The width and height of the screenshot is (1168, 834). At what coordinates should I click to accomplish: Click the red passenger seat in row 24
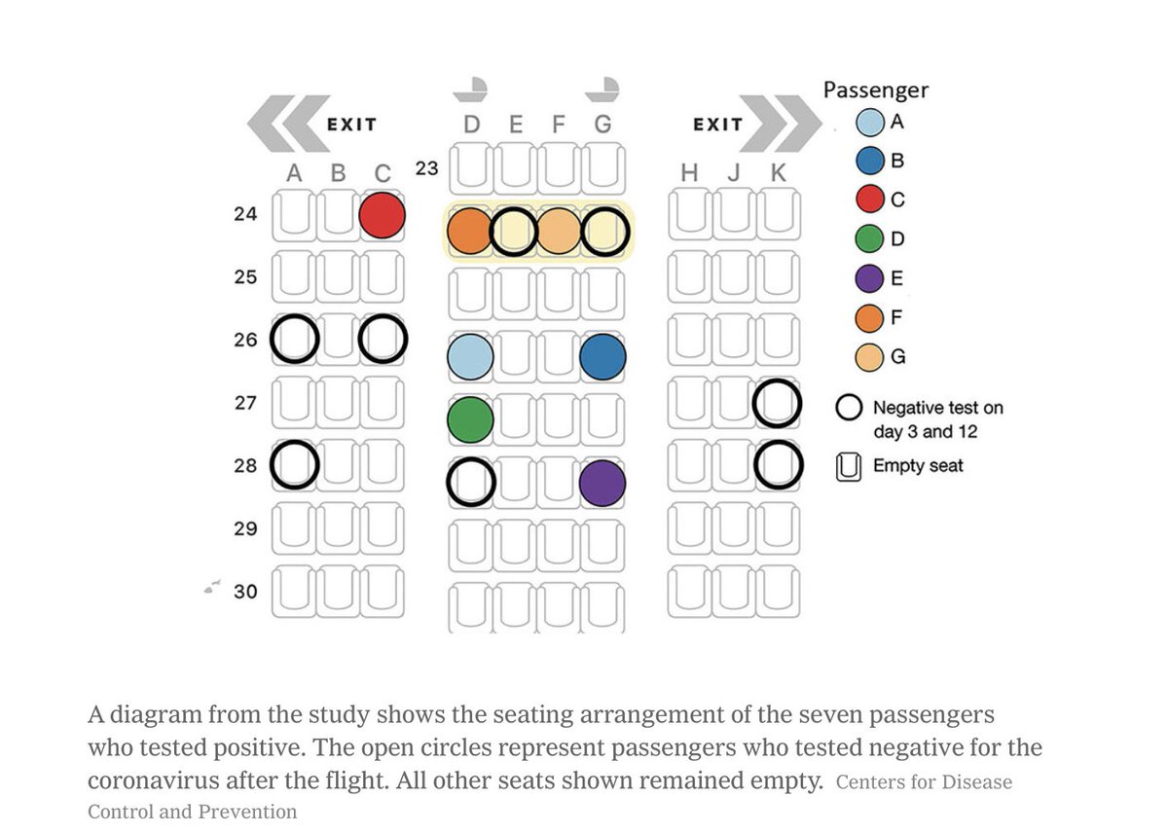click(382, 215)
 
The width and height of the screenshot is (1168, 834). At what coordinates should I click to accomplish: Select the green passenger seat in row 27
click(471, 420)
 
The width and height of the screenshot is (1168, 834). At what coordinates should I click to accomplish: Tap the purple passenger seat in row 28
click(602, 483)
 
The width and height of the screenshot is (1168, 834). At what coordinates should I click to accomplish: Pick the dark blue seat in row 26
click(602, 357)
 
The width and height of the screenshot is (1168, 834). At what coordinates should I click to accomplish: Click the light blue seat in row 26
click(471, 357)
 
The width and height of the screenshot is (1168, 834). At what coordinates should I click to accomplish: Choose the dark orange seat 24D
click(471, 232)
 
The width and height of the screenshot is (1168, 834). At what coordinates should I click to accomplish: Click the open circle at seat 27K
click(777, 404)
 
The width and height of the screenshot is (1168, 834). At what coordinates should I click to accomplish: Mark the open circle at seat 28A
click(295, 465)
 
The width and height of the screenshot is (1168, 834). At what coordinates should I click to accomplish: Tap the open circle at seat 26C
click(383, 339)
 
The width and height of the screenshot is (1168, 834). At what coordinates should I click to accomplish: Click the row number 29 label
click(245, 528)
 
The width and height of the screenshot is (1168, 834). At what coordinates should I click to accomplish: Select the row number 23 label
click(426, 167)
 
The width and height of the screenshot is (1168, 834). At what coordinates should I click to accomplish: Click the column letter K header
click(778, 173)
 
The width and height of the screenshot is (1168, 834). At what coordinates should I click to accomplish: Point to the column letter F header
click(559, 125)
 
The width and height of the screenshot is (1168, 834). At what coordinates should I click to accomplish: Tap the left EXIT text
click(350, 125)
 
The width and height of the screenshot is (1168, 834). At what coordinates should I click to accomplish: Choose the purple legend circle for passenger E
click(870, 278)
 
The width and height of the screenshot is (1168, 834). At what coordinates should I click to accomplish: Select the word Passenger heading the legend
click(876, 91)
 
